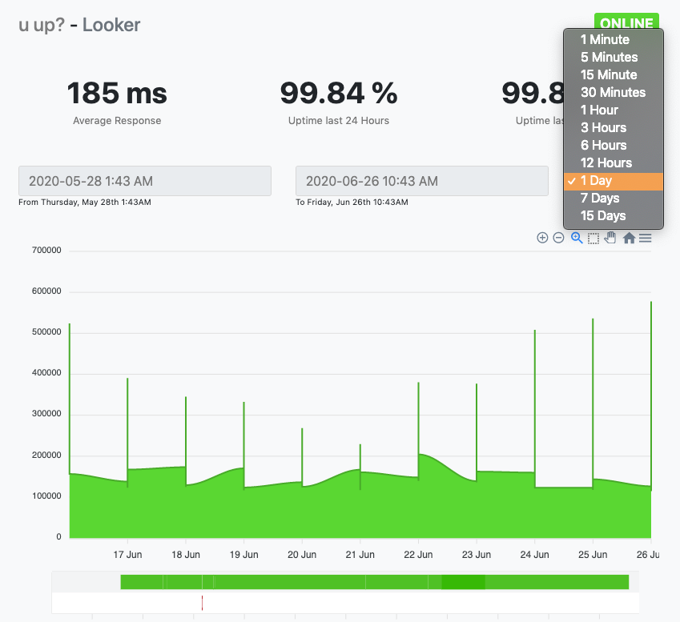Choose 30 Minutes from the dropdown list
point(613,92)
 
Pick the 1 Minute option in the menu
point(605,39)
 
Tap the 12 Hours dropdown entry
point(606,163)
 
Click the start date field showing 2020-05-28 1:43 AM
point(145,181)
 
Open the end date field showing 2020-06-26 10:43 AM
point(421,181)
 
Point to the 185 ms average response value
point(117,94)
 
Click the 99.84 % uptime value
point(339,94)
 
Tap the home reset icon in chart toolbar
point(629,238)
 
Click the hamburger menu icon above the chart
point(645,238)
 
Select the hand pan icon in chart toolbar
point(610,238)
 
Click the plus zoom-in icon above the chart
point(542,238)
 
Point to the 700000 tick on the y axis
point(46,251)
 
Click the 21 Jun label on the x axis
point(360,554)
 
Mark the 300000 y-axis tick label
point(46,415)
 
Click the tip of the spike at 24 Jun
point(534,331)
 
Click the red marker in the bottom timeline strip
point(202,603)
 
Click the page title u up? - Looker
point(79,25)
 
